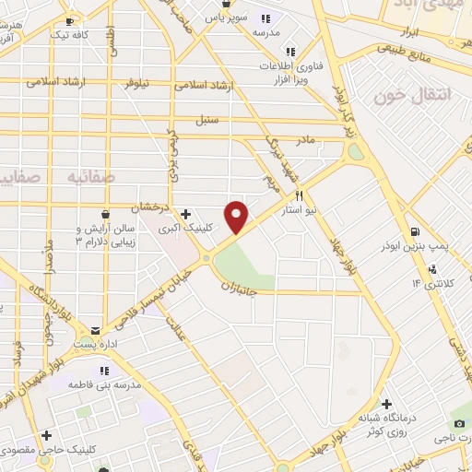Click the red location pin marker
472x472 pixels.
[x=238, y=216]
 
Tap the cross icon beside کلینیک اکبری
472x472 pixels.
[x=187, y=214]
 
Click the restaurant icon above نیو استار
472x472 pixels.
[x=300, y=196]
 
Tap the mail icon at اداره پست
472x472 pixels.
[x=96, y=328]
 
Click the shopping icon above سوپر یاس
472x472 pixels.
[x=226, y=5]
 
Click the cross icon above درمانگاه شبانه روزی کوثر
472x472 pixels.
[x=385, y=404]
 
